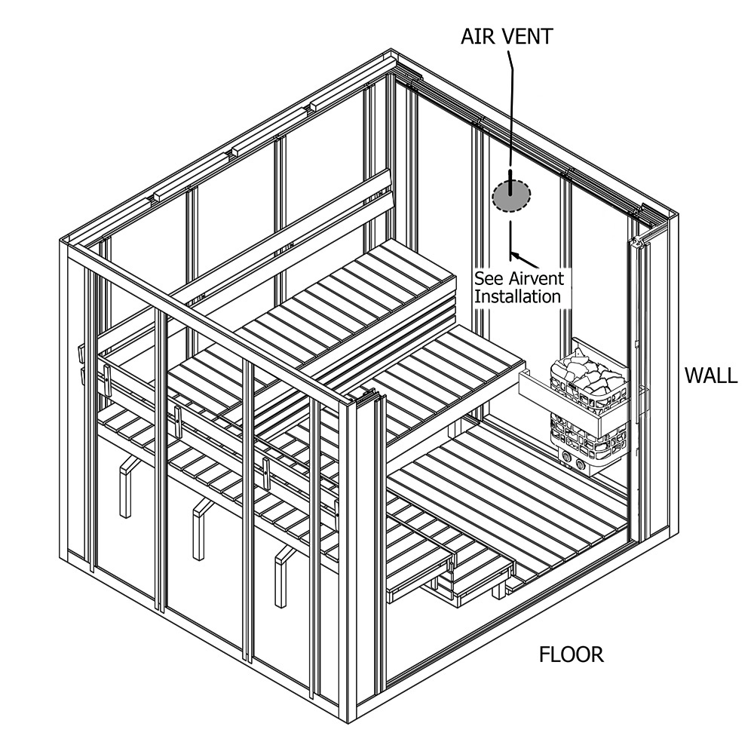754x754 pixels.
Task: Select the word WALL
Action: click(x=710, y=375)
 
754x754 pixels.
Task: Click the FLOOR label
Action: click(x=571, y=654)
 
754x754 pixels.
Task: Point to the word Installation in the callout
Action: click(x=517, y=296)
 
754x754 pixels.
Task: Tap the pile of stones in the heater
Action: click(x=585, y=375)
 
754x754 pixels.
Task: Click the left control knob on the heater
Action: click(x=565, y=455)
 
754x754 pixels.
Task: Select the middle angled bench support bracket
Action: click(x=199, y=528)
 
